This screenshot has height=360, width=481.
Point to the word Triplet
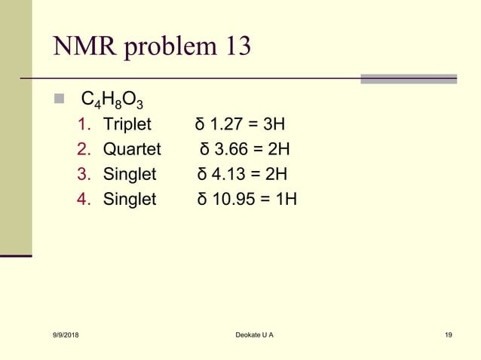click(x=127, y=124)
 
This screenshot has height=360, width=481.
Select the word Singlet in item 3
click(x=130, y=175)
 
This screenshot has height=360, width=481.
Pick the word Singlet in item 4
click(x=130, y=200)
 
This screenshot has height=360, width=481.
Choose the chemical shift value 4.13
click(x=227, y=175)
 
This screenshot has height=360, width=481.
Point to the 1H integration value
click(x=284, y=200)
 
